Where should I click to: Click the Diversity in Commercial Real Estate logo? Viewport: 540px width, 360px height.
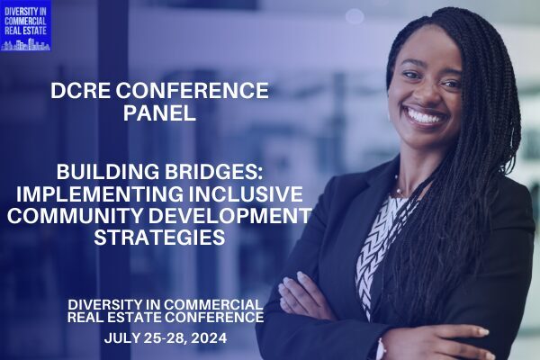[x=25, y=26]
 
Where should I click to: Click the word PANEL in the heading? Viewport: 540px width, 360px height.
[x=159, y=112]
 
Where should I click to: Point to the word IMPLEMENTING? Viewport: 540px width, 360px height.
[x=100, y=193]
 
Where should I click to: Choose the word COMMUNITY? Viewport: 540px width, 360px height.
[x=75, y=215]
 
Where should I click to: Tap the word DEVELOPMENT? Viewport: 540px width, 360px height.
[x=230, y=215]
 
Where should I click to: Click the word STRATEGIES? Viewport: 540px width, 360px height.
[x=159, y=238]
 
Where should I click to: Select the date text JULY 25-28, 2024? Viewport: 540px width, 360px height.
[x=166, y=338]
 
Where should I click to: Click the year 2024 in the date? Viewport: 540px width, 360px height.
[x=209, y=338]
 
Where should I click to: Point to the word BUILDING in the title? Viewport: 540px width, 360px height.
[x=108, y=172]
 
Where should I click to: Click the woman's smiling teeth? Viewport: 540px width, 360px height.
[x=424, y=117]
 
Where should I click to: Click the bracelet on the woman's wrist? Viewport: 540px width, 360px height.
[x=380, y=348]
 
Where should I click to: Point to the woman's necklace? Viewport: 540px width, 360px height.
[x=400, y=189]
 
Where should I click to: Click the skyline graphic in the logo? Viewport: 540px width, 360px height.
[x=25, y=45]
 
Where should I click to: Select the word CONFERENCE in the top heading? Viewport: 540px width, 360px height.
[x=192, y=91]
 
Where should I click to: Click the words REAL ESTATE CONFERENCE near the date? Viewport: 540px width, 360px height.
[x=166, y=317]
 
